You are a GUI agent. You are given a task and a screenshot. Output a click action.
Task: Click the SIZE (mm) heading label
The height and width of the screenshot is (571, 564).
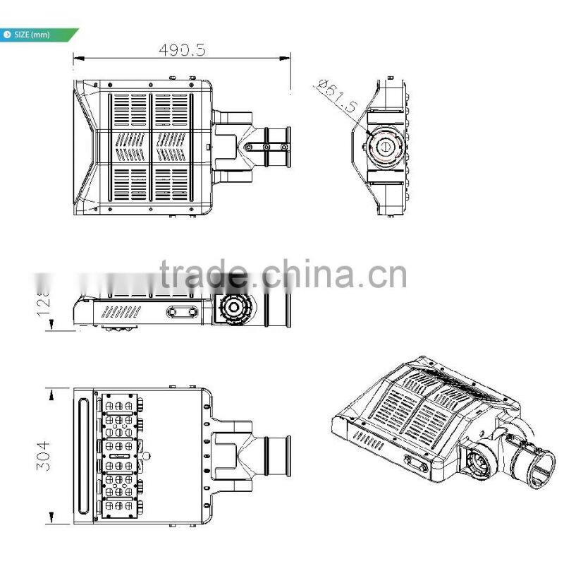tap(32, 34)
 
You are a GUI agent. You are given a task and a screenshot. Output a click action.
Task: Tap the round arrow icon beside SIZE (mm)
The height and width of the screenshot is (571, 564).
tap(7, 34)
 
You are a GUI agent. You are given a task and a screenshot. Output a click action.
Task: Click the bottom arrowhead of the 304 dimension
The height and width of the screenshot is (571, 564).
tap(50, 520)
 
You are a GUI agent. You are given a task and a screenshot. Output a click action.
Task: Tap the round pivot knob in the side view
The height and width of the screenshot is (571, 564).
tap(233, 309)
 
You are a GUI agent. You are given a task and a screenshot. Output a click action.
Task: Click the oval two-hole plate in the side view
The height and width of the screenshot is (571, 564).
tap(182, 311)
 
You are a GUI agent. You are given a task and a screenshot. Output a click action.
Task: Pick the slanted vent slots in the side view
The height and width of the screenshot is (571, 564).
tap(121, 311)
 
